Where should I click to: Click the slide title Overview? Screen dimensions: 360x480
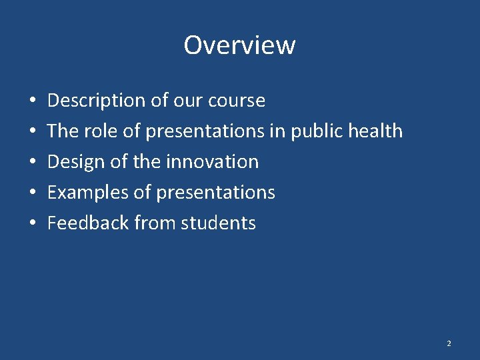tap(239, 45)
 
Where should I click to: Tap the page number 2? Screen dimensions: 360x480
tap(449, 343)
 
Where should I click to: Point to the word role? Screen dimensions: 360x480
tap(102, 131)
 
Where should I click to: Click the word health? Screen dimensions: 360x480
tap(377, 131)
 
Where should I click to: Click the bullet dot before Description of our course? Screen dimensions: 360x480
tap(32, 101)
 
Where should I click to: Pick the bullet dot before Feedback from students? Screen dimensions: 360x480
tap(32, 223)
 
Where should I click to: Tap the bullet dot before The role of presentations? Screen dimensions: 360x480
tap(32, 132)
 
